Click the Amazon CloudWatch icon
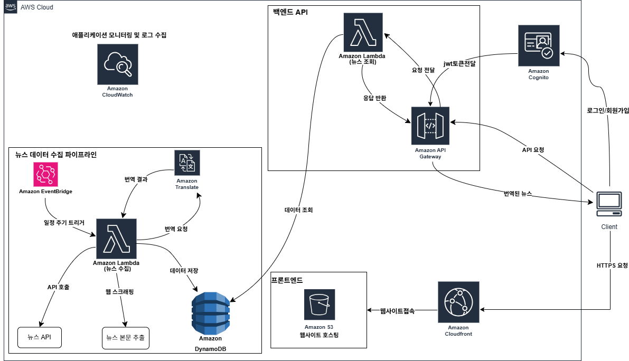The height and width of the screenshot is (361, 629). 117,64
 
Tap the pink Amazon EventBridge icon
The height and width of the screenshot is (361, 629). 45,174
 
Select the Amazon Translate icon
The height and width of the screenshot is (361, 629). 187,163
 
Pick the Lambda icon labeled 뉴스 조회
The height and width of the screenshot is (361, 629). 363,31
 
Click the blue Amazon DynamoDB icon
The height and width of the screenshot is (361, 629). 210,311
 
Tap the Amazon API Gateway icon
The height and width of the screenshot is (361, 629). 430,126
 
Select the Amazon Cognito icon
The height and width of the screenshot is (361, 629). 538,45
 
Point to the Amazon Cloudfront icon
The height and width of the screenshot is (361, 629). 457,302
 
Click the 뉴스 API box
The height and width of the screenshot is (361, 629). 40,337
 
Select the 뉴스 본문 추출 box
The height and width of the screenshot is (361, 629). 125,337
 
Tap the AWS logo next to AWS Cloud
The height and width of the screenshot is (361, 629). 10,7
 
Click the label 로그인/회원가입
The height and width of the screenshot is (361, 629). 607,111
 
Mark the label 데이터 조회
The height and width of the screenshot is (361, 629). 298,210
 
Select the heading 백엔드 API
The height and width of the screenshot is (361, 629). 290,12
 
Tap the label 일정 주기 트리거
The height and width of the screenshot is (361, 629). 64,223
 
